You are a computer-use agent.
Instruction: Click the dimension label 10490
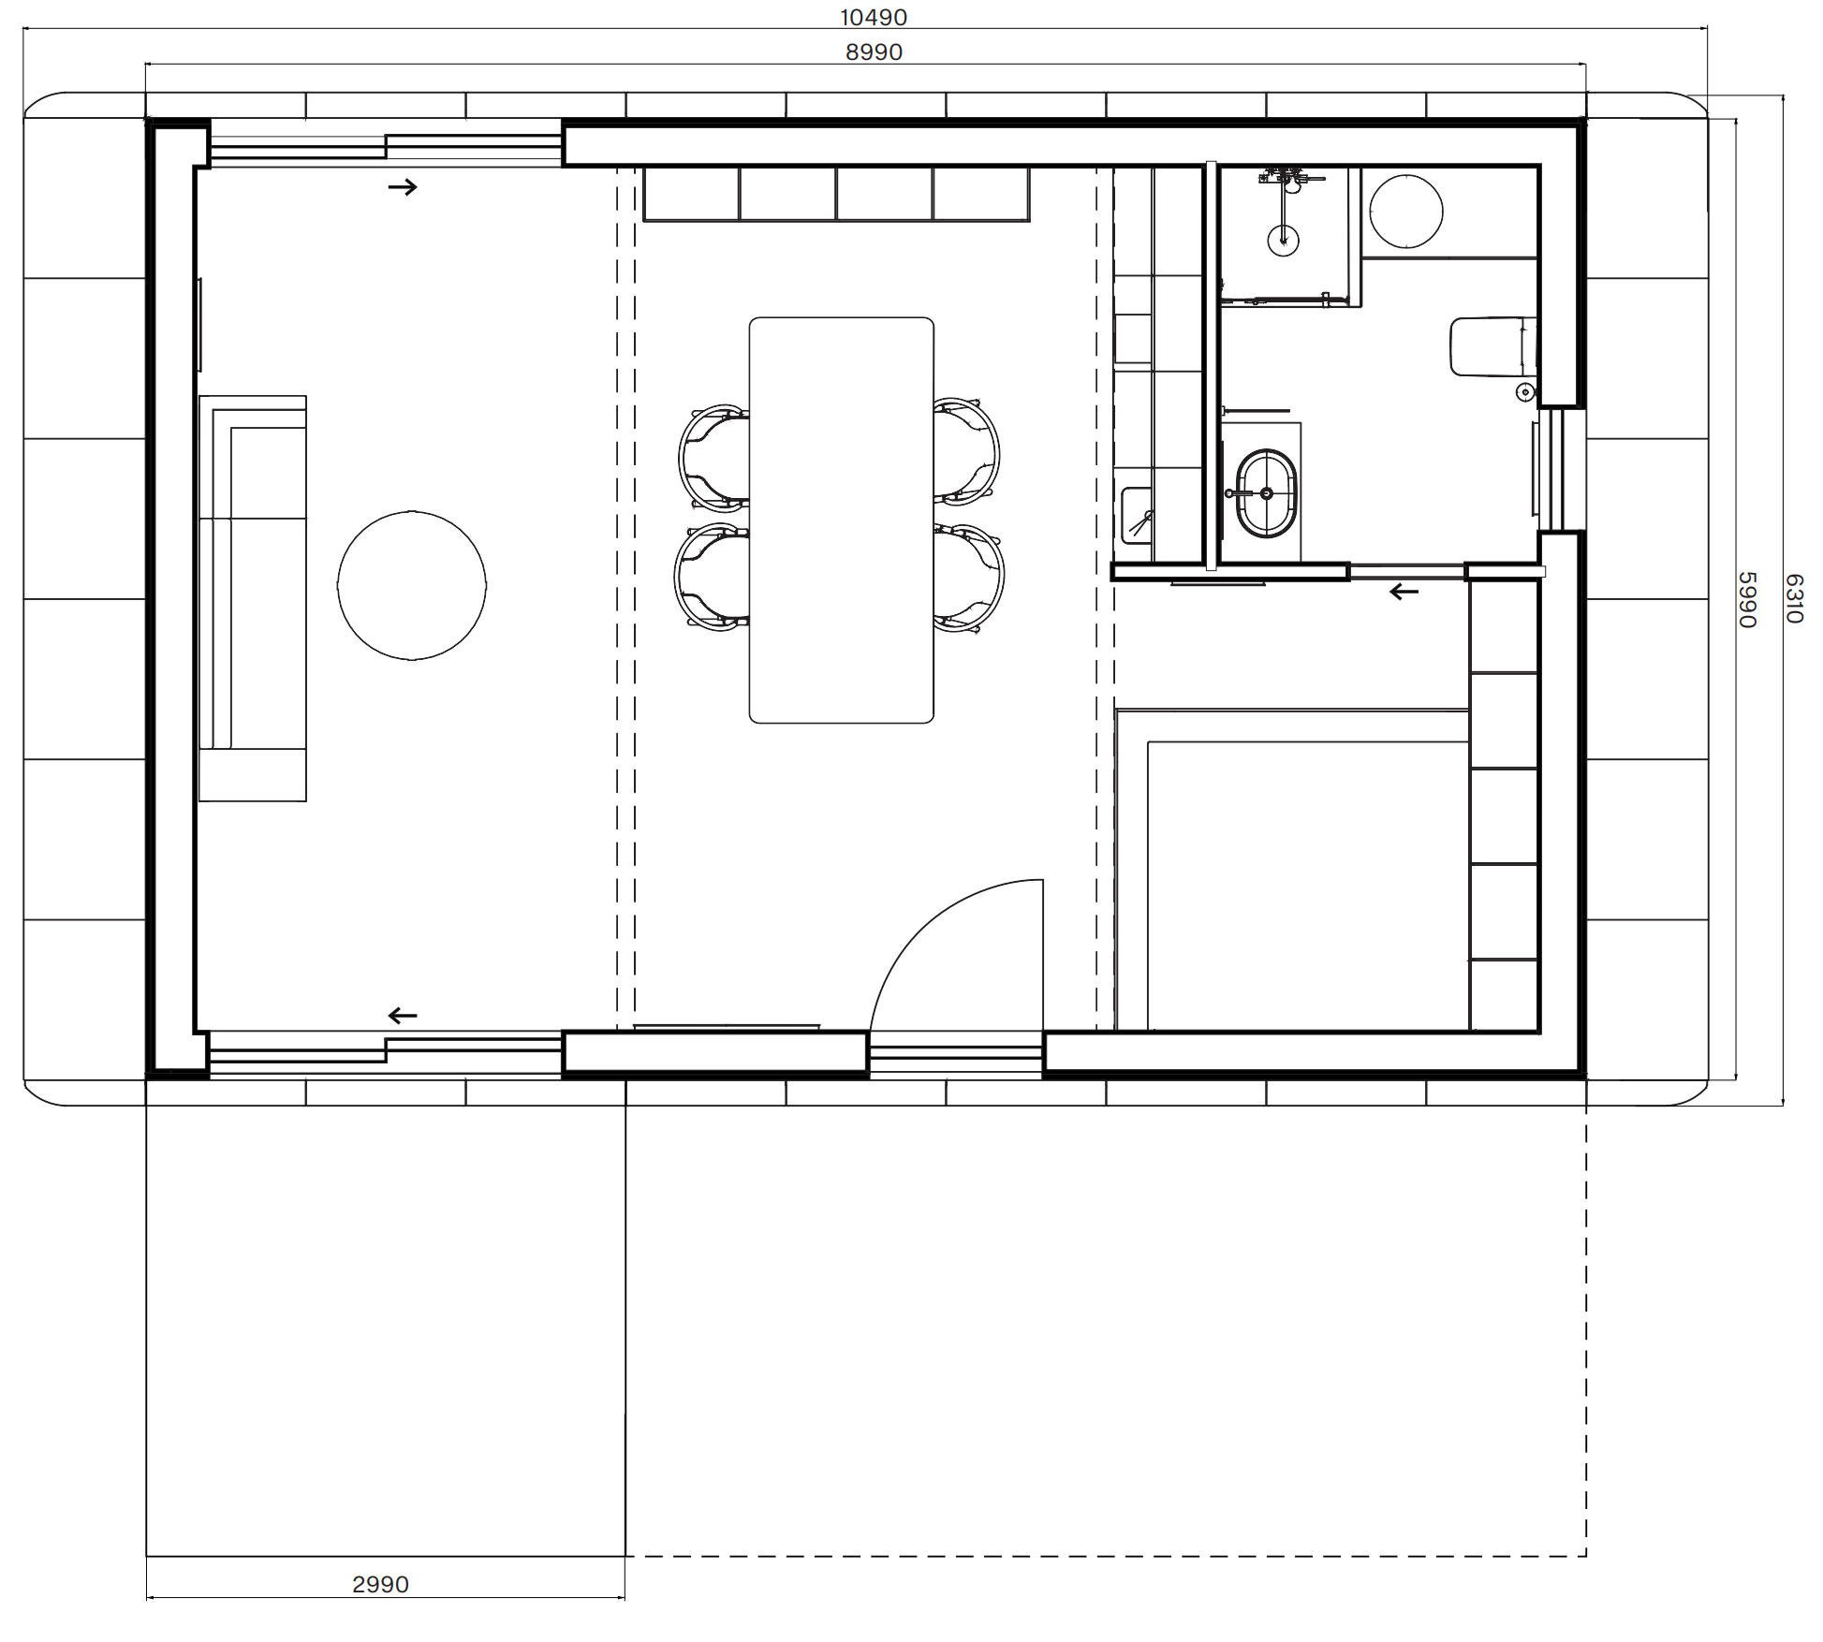pos(873,17)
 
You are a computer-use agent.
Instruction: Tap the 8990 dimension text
pos(874,52)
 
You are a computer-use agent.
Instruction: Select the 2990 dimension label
pos(380,1585)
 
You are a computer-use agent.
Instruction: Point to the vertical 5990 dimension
pos(1747,599)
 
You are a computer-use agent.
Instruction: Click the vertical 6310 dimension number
pos(1794,599)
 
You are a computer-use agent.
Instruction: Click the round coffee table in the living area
pos(412,586)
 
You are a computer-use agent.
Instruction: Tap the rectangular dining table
pos(841,520)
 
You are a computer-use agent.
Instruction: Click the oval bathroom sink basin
pos(1267,493)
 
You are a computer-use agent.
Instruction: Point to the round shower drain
pos(1283,240)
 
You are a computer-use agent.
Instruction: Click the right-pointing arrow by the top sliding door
pos(403,187)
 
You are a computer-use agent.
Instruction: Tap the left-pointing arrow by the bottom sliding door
pos(403,1016)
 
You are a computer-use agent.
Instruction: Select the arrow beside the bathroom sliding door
pos(1404,592)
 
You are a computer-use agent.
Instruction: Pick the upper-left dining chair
pos(713,459)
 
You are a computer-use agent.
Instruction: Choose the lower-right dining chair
pos(969,578)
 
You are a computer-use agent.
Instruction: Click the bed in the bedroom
pos(1292,871)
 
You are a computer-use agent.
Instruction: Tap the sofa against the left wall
pos(253,598)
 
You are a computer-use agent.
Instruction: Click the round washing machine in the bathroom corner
pos(1405,212)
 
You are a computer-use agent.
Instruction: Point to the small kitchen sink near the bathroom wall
pos(1138,514)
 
